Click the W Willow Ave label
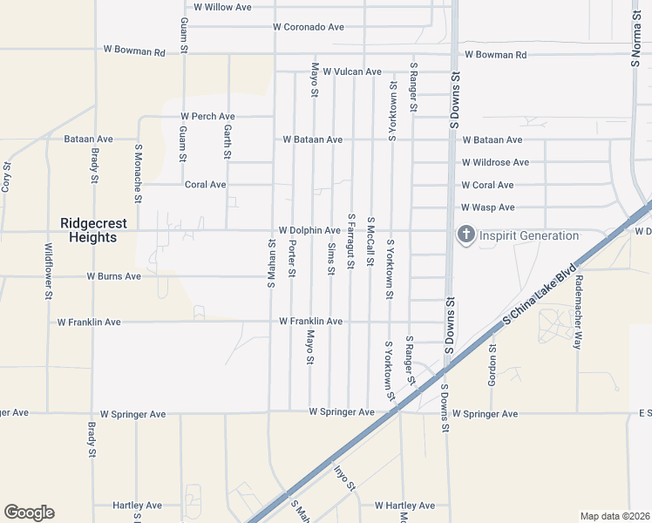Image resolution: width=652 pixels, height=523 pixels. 222,7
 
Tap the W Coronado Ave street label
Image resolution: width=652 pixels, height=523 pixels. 308,27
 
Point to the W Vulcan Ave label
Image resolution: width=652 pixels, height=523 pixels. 352,71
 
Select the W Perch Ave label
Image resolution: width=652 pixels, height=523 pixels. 208,116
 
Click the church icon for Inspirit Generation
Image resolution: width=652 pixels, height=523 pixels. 465,235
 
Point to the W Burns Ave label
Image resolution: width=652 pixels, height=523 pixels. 113,276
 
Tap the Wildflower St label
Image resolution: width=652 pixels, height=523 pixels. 48,271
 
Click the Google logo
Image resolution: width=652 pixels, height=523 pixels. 29,513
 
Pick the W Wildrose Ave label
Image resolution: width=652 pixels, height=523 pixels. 495,162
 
